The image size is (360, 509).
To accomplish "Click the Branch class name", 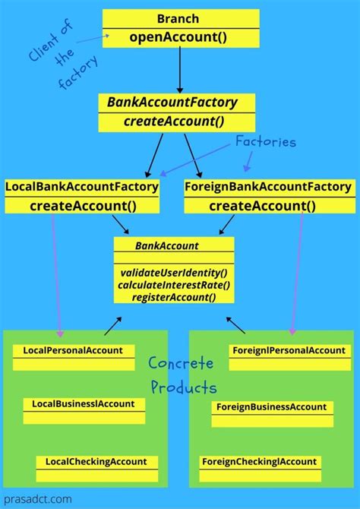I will pyautogui.click(x=180, y=18).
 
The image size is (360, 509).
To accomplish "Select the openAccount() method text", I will pyautogui.click(x=180, y=36).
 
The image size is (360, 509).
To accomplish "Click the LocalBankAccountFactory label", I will pyautogui.click(x=82, y=186).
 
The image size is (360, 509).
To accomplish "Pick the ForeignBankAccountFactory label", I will pyautogui.click(x=268, y=186).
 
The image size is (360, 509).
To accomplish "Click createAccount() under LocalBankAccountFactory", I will pyautogui.click(x=82, y=205).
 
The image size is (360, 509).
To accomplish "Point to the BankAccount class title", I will pyautogui.click(x=167, y=245).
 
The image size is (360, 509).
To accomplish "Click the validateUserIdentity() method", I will pyautogui.click(x=174, y=272).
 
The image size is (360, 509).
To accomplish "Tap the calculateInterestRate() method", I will pyautogui.click(x=174, y=285).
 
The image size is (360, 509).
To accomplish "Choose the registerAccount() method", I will pyautogui.click(x=174, y=297).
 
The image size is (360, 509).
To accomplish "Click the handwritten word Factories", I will pyautogui.click(x=265, y=142).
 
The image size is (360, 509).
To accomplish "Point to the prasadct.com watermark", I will pyautogui.click(x=37, y=499).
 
